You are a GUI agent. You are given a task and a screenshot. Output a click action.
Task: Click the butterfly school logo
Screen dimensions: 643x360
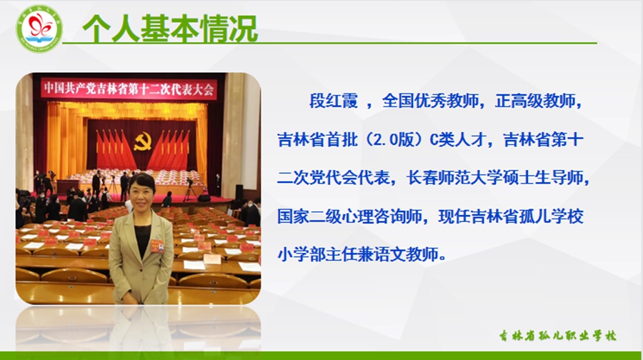pyautogui.click(x=39, y=29)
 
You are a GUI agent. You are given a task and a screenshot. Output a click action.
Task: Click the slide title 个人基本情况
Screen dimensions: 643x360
pyautogui.click(x=170, y=29)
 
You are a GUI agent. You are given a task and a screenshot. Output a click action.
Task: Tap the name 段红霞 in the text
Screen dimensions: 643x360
pyautogui.click(x=334, y=101)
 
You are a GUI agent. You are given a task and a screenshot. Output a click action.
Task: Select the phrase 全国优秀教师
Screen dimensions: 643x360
pyautogui.click(x=430, y=101)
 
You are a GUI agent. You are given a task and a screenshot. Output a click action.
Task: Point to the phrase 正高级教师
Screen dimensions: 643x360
pyautogui.click(x=534, y=101)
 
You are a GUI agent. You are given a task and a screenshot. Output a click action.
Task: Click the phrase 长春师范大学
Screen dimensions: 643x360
pyautogui.click(x=454, y=178)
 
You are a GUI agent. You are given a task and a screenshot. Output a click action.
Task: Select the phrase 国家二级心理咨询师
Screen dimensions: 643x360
pyautogui.click(x=350, y=216)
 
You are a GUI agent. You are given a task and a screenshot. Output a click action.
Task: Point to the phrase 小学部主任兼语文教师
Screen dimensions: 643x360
pyautogui.click(x=358, y=254)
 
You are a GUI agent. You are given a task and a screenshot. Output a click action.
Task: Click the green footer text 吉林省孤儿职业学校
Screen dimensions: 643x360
pyautogui.click(x=558, y=336)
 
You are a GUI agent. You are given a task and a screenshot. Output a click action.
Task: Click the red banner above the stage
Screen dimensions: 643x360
pyautogui.click(x=129, y=89)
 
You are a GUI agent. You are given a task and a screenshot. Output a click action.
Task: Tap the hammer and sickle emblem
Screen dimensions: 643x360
pyautogui.click(x=142, y=142)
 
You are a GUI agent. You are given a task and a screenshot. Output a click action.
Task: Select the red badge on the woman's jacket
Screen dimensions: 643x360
pyautogui.click(x=156, y=246)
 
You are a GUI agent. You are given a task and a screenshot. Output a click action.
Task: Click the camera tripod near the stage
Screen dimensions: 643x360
pyautogui.click(x=189, y=190)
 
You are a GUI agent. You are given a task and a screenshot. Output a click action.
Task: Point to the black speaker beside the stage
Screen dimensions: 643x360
pyautogui.click(x=239, y=193)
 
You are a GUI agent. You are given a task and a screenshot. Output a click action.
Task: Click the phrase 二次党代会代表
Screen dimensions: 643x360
pyautogui.click(x=334, y=178)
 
